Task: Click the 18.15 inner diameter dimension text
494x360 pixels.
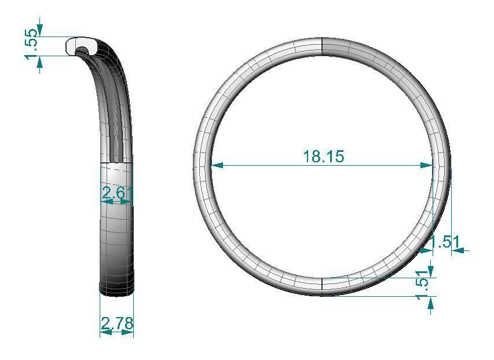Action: pos(323,156)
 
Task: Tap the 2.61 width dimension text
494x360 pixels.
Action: pos(117,193)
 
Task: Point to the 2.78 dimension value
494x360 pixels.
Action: pos(117,323)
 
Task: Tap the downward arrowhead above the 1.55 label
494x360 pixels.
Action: pos(40,30)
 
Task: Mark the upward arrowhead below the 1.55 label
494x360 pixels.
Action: pos(40,62)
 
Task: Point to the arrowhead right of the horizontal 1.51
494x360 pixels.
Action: pos(458,250)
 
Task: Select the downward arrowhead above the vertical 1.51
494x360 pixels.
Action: pos(430,271)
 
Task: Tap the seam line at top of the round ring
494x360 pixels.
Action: pos(321,46)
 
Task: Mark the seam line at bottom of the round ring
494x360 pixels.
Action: pos(321,286)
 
